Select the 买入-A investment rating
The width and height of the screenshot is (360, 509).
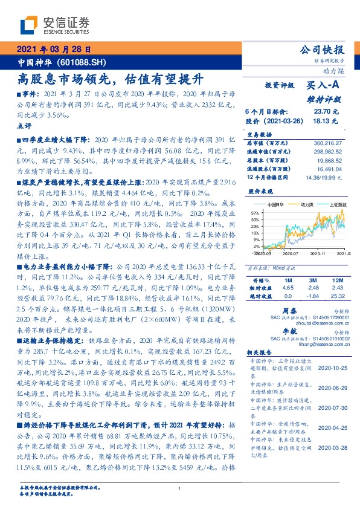click(x=325, y=86)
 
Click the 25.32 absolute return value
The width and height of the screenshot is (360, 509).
click(x=338, y=297)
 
